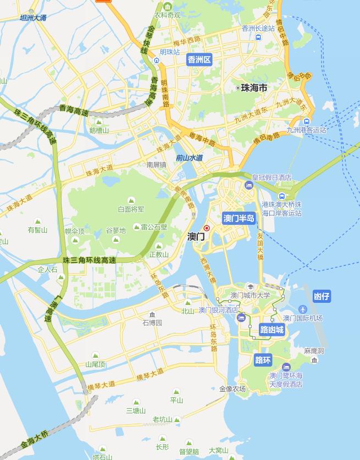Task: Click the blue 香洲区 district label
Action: pos(199,60)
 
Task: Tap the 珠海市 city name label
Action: pos(254,88)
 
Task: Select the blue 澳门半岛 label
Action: pos(239,218)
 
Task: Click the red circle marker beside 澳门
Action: pos(207,228)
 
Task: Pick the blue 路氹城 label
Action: pos(272,330)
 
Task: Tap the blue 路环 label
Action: pos(263,361)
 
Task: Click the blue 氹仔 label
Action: pos(322,297)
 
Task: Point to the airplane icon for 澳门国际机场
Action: pos(303,309)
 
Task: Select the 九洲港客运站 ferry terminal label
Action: pos(306,130)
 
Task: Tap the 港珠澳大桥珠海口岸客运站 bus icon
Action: pos(282,196)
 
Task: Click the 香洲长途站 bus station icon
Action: pos(258,37)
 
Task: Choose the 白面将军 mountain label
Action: pos(131,209)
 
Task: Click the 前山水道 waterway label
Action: pos(189,158)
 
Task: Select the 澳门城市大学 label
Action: pos(250,295)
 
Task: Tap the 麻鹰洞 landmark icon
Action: pos(314,360)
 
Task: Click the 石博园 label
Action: pos(152,323)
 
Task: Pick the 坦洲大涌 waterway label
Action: pos(33,18)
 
